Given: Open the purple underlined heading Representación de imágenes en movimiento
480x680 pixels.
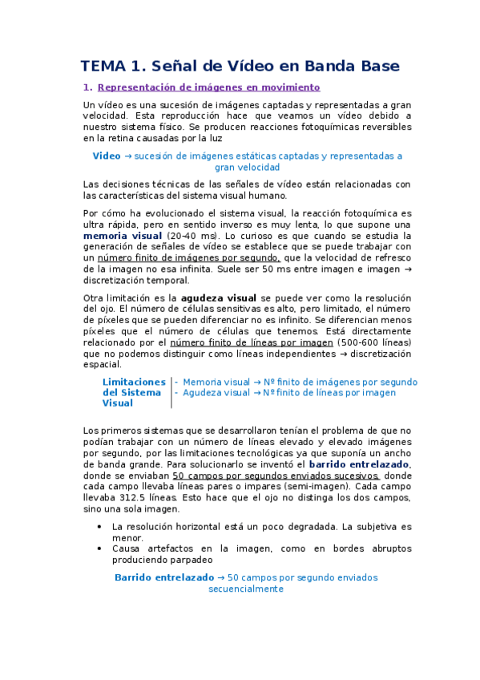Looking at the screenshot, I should click(208, 87).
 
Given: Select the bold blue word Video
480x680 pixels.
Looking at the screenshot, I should click(107, 156).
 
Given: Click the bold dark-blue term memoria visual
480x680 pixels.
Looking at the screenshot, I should click(123, 237).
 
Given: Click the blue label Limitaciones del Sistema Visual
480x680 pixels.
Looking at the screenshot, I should click(134, 393).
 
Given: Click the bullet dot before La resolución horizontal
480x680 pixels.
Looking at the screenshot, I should click(99, 527).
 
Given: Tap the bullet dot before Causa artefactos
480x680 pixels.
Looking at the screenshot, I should click(99, 548).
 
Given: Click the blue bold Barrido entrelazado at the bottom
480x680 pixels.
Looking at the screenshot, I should click(163, 577).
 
